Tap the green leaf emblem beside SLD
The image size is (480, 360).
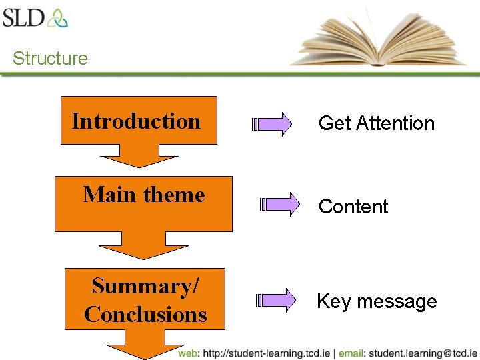57,17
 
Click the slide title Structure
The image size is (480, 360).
50,59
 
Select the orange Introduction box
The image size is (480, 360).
139,121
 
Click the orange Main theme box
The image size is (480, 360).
143,203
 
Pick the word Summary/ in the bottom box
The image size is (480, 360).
145,286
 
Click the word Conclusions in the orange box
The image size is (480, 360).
145,314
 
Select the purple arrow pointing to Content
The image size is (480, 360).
280,205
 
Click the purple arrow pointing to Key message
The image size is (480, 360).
276,300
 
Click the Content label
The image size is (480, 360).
353,207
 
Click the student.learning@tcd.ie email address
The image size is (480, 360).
423,353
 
